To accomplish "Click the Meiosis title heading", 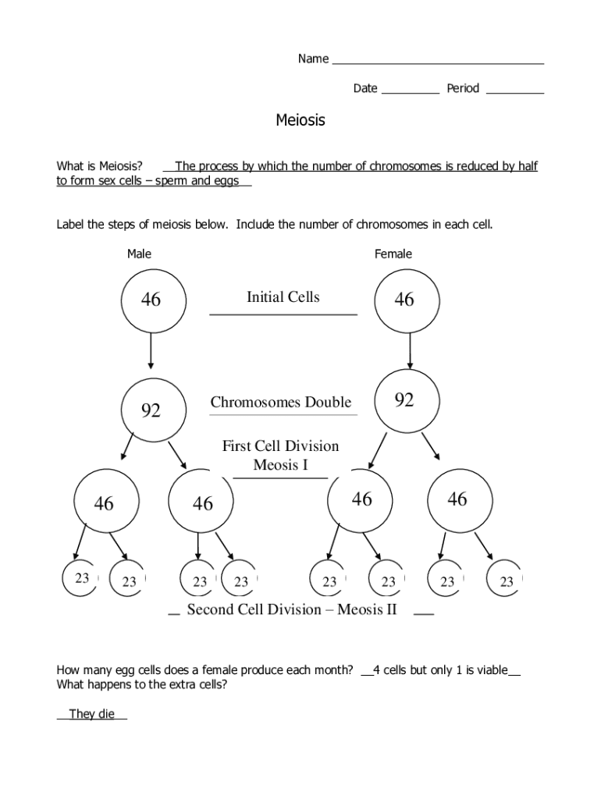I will [300, 120].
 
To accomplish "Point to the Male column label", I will [139, 254].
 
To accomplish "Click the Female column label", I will [393, 254].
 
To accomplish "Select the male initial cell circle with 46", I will [152, 300].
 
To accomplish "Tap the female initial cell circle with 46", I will [405, 300].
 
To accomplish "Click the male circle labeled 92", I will [151, 410].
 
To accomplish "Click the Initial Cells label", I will [283, 297].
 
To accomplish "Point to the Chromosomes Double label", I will [281, 403].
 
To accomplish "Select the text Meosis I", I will [281, 466].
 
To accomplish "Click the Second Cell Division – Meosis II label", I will [292, 609].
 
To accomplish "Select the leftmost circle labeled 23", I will [83, 579].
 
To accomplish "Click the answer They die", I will [91, 714].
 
